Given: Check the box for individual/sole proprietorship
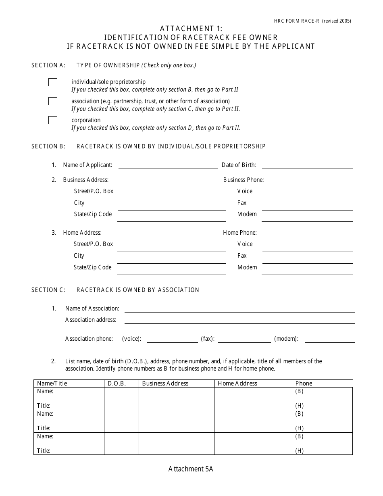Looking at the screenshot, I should point(53,82).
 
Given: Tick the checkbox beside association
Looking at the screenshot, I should point(53,101).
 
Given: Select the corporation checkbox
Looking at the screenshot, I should point(53,120).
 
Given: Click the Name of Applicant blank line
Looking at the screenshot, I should point(168,165).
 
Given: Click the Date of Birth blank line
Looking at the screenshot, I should point(307,165).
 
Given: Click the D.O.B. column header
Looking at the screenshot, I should point(117,383).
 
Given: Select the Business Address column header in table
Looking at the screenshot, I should point(165,383).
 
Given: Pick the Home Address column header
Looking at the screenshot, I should point(237,383).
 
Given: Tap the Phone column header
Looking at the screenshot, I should point(304,383).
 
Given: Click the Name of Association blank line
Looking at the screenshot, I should point(239,309).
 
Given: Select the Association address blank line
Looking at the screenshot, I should point(239,320).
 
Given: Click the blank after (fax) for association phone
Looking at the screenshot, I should point(244,339).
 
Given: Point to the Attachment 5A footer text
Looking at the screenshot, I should point(191,469).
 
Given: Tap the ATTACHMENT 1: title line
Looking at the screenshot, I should point(191,29).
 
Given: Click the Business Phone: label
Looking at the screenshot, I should point(244,180).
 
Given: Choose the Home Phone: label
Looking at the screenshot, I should point(240,233).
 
